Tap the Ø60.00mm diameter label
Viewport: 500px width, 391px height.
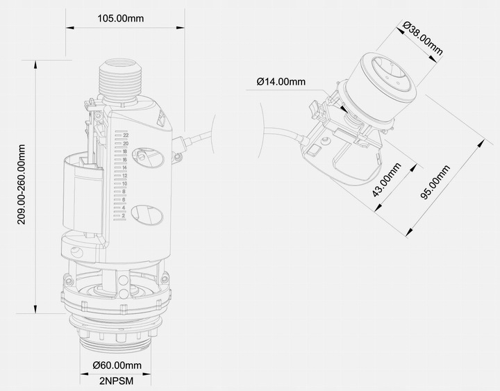tap(117, 365)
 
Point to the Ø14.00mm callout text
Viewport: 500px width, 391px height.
tap(281, 81)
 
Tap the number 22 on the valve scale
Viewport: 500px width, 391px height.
tap(126, 135)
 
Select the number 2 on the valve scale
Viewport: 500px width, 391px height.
tap(124, 215)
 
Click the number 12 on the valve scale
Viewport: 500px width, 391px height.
tap(124, 176)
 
